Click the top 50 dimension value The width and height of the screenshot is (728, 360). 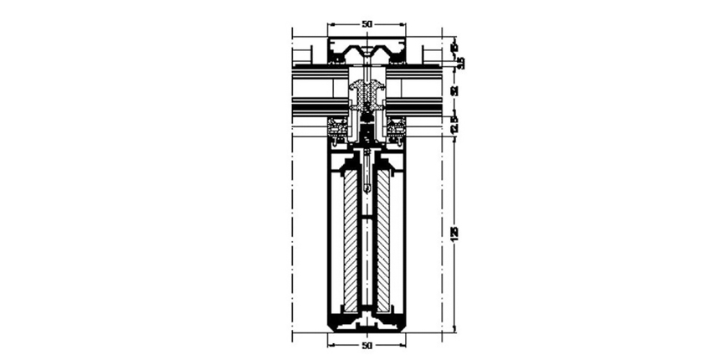coord(367,24)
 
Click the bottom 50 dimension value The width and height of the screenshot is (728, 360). coord(367,345)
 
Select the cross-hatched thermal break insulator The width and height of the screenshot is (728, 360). coord(367,94)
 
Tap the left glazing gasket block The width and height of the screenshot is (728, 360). coord(337,130)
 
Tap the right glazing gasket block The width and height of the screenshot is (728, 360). coord(396,130)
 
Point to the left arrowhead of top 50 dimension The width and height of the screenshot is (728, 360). coord(330,24)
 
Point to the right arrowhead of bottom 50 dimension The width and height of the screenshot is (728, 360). coord(403,344)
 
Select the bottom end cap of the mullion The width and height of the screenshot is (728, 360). coord(367,322)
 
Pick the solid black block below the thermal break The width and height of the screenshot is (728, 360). coord(367,131)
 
